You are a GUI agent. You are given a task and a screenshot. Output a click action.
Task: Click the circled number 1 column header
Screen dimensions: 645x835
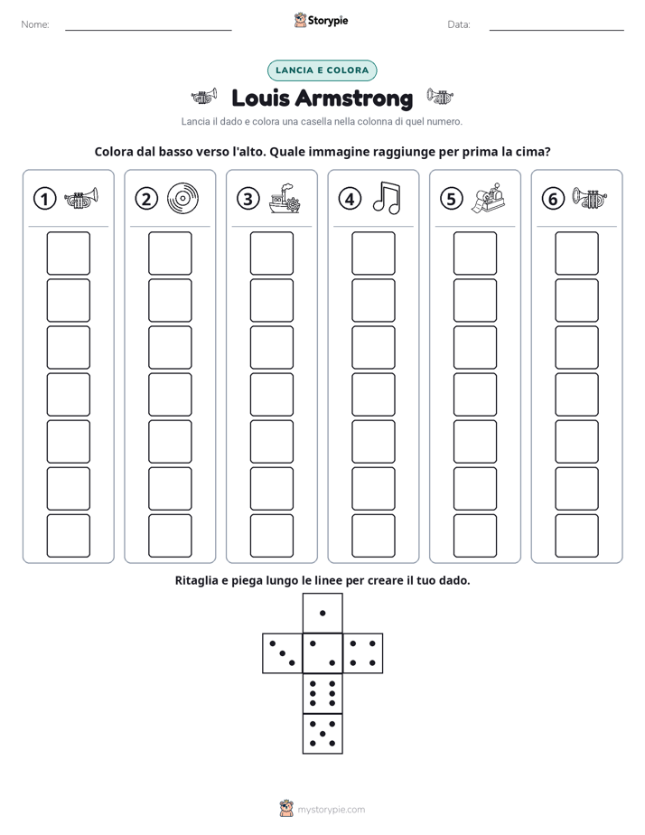click(44, 199)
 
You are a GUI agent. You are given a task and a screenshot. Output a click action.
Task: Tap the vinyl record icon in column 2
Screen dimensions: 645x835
click(182, 199)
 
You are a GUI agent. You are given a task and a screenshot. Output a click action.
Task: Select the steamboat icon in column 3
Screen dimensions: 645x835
click(285, 199)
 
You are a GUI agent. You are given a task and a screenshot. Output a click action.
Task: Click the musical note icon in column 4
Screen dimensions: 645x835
click(387, 198)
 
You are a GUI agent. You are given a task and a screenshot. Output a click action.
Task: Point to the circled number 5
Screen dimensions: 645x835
click(452, 199)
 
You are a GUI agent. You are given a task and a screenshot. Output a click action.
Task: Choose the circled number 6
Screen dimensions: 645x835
click(553, 199)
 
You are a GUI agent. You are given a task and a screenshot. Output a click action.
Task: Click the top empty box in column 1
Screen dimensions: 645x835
click(68, 253)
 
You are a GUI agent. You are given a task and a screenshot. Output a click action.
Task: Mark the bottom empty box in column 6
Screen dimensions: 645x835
click(577, 536)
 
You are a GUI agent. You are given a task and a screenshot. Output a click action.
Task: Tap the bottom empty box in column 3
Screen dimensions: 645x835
click(271, 536)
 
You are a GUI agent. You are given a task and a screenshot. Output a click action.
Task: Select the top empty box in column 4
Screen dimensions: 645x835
click(373, 253)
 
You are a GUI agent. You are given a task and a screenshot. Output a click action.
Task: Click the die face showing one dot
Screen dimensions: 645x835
click(322, 613)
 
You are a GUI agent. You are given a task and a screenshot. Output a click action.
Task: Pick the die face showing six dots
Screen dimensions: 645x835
click(322, 693)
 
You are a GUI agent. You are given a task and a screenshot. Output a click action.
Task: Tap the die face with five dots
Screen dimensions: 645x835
click(322, 733)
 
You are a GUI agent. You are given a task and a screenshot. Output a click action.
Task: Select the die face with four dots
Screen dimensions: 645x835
click(362, 652)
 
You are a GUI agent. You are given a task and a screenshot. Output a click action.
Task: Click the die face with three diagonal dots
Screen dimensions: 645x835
click(283, 652)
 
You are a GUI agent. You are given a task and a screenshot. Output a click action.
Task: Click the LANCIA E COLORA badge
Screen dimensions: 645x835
click(322, 70)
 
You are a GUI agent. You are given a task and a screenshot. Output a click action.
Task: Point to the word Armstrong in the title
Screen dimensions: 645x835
click(354, 99)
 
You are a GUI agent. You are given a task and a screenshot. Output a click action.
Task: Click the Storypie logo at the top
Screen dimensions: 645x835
click(321, 20)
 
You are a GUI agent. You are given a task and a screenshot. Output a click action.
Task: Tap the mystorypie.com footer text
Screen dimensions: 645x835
click(331, 810)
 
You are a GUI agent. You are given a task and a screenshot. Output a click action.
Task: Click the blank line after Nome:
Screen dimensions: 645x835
click(148, 30)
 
